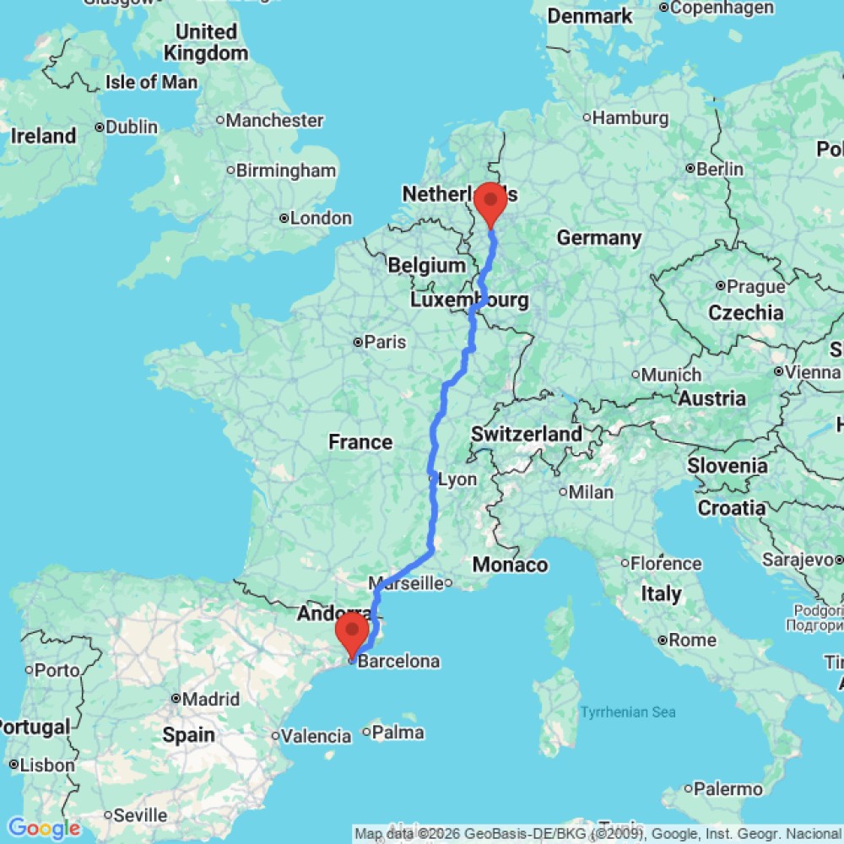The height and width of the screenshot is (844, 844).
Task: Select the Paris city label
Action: (384, 342)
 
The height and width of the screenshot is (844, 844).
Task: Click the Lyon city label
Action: (457, 479)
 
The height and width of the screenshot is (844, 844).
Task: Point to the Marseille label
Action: (410, 582)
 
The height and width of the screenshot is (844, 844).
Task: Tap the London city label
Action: (320, 218)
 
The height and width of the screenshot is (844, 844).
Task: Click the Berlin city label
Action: (719, 169)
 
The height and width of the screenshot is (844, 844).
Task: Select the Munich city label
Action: (671, 374)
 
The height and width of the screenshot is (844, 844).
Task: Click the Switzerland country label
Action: (526, 434)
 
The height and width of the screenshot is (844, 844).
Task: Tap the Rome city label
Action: (692, 640)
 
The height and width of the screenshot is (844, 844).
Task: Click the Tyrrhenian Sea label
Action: (628, 712)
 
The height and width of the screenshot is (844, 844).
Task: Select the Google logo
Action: (43, 829)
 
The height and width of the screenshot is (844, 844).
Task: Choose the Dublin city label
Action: (131, 127)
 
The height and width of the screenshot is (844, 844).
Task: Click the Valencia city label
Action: (316, 736)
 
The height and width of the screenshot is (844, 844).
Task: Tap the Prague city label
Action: (743, 285)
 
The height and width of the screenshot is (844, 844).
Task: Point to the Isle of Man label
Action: (152, 82)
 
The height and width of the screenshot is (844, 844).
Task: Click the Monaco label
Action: (511, 565)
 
